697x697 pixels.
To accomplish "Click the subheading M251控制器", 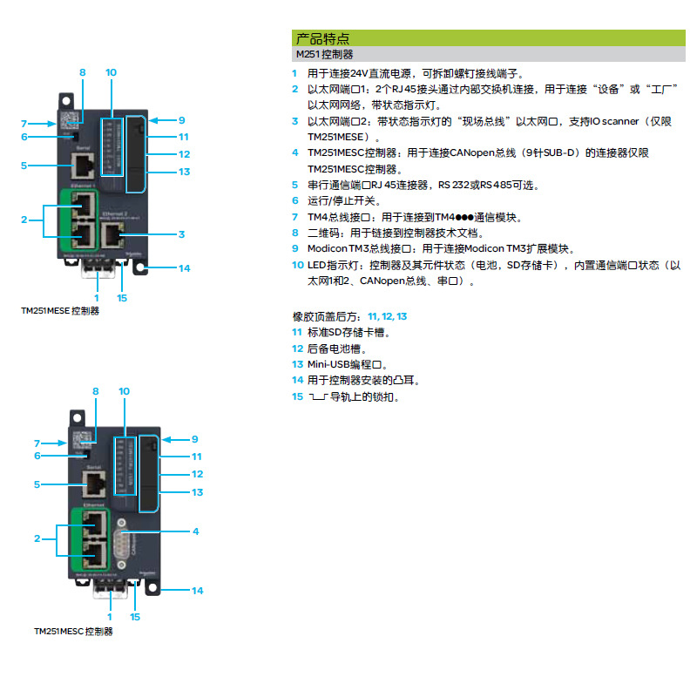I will pyautogui.click(x=325, y=54).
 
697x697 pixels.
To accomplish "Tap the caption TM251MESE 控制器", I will pyautogui.click(x=60, y=310).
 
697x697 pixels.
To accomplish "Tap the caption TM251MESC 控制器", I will pyautogui.click(x=73, y=632).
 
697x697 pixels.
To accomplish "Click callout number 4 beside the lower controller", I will pyautogui.click(x=196, y=531).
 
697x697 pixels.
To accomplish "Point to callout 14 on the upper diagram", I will pyautogui.click(x=184, y=268).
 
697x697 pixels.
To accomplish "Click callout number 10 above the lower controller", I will pyautogui.click(x=124, y=392).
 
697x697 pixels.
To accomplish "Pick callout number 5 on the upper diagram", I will pyautogui.click(x=25, y=166).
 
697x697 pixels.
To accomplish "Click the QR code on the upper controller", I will pyautogui.click(x=70, y=120).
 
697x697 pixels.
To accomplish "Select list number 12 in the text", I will pyautogui.click(x=297, y=348).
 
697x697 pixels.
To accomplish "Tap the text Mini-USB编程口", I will pyautogui.click(x=346, y=364).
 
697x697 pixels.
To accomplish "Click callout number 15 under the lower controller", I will pyautogui.click(x=135, y=617).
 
